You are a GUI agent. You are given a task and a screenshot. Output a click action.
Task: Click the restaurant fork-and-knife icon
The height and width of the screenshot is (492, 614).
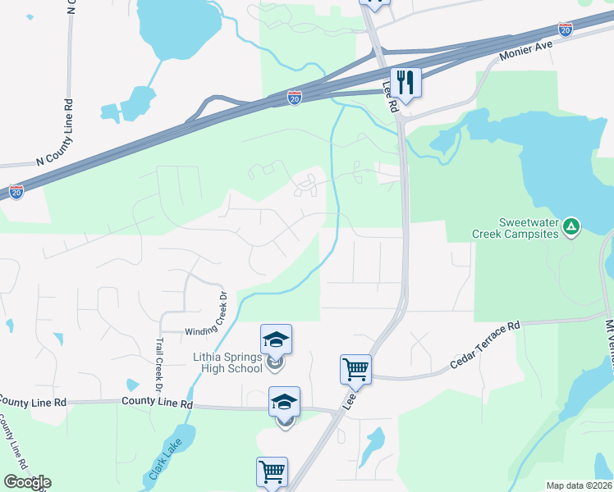pos(406,81)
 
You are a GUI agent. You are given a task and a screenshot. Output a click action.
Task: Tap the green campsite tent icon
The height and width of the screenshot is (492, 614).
pos(573,224)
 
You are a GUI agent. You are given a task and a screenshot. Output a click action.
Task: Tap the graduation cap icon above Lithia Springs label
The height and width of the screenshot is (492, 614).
pos(277,339)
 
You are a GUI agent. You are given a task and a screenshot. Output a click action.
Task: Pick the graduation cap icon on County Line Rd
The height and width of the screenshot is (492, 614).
pos(284,401)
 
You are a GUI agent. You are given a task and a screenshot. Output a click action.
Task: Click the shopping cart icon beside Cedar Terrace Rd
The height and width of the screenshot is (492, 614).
pos(356,369)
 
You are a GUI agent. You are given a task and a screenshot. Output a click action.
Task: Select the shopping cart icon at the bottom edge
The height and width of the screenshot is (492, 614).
pos(272,471)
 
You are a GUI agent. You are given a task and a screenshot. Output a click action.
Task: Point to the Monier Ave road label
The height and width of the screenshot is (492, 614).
pos(527,55)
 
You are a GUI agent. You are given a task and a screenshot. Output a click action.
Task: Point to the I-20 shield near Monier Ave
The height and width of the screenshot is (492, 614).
pos(565,30)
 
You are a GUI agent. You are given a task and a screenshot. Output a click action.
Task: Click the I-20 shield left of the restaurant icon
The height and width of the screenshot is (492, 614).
pos(294,98)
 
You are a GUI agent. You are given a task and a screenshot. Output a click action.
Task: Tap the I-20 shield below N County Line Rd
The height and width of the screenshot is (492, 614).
pos(16,192)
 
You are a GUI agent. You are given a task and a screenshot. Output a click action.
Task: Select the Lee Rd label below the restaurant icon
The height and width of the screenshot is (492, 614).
pos(390,97)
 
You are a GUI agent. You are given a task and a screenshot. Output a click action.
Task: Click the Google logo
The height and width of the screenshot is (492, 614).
pos(26,482)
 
